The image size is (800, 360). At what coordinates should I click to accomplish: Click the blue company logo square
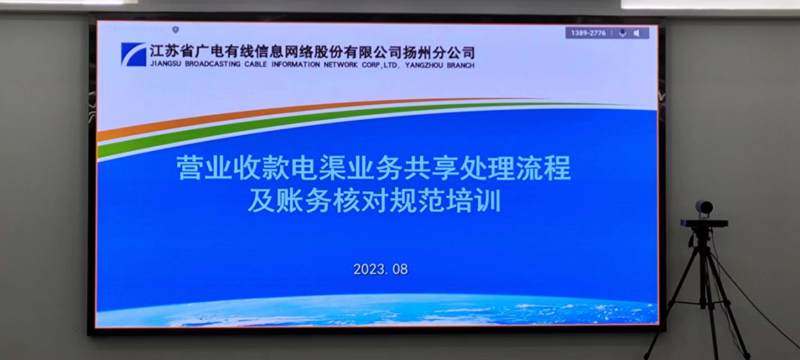click(134, 54)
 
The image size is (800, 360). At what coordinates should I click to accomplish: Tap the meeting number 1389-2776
click(588, 33)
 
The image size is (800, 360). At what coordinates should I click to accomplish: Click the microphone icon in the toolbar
click(622, 33)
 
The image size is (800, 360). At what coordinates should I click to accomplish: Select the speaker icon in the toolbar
click(637, 33)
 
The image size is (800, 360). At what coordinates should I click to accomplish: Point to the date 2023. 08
click(381, 269)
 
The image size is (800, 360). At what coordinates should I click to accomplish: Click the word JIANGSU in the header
click(165, 64)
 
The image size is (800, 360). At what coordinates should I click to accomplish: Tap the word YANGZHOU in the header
click(424, 66)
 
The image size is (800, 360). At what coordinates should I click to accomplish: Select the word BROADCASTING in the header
click(212, 64)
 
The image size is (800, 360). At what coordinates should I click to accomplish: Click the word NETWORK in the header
click(340, 65)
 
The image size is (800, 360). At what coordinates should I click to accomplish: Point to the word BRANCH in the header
click(461, 66)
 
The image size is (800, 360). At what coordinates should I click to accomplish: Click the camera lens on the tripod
click(704, 207)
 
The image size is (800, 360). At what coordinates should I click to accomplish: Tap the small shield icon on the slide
click(175, 30)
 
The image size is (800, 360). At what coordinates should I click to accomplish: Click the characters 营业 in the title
click(204, 168)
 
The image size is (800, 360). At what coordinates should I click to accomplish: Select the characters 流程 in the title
click(543, 168)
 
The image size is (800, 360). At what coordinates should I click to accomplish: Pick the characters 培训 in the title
click(473, 200)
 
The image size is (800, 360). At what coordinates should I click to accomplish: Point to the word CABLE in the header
click(256, 64)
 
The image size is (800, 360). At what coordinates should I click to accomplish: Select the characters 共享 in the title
click(431, 168)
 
